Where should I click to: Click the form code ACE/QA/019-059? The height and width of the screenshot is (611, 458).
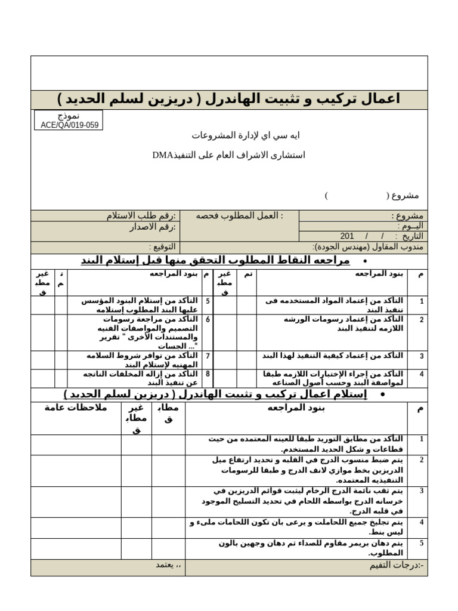click(x=69, y=125)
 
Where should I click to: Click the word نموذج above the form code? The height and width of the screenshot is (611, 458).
click(x=69, y=116)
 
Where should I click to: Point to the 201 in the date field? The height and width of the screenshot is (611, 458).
click(x=347, y=236)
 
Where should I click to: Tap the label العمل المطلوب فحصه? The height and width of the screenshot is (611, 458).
click(x=240, y=215)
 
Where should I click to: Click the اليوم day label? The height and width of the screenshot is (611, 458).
click(x=411, y=226)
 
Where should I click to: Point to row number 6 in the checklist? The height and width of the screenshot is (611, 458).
click(x=208, y=319)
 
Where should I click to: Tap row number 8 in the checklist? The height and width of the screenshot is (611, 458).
click(x=208, y=374)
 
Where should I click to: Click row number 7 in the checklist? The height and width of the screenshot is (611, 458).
click(x=208, y=356)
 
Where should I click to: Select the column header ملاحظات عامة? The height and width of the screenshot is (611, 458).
click(x=76, y=408)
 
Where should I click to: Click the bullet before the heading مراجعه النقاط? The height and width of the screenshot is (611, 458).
click(x=363, y=261)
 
